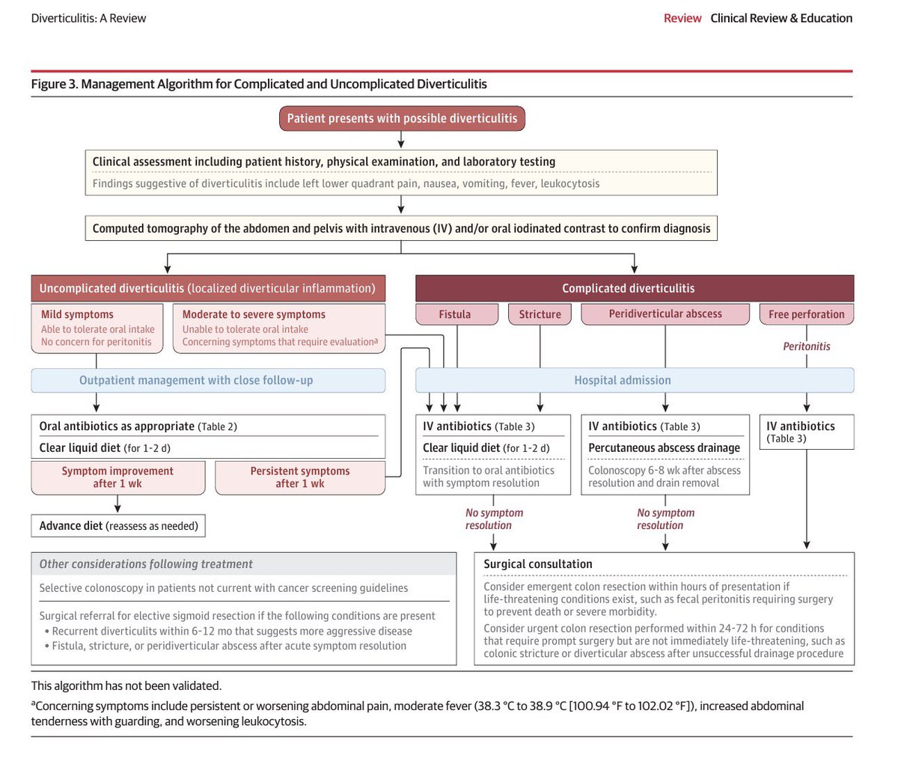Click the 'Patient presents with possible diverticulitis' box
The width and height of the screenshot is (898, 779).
[402, 118]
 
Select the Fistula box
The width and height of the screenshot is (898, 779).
[455, 314]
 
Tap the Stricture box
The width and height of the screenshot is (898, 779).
[540, 314]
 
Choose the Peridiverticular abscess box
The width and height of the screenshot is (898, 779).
[665, 314]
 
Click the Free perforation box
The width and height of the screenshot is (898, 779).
[806, 314]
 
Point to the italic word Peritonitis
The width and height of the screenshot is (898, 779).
[806, 346]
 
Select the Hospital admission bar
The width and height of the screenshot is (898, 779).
[623, 380]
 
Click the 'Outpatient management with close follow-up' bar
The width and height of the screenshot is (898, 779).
[196, 380]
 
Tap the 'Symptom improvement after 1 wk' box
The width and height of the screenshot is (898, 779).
[117, 477]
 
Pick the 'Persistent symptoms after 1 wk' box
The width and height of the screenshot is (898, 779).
[300, 477]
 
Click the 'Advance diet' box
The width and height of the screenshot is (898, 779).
[118, 526]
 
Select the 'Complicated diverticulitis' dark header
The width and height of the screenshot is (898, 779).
[629, 288]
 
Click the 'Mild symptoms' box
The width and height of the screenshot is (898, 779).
[97, 328]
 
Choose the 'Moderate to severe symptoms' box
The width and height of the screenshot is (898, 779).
[279, 328]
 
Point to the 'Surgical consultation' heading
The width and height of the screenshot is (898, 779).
[537, 564]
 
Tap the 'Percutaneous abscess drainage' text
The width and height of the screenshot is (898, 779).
[664, 447]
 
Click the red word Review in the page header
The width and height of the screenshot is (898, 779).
[682, 18]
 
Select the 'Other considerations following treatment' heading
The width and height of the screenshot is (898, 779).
[146, 564]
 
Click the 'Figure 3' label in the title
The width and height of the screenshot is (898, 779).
[54, 84]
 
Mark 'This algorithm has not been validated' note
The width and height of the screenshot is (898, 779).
[126, 685]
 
